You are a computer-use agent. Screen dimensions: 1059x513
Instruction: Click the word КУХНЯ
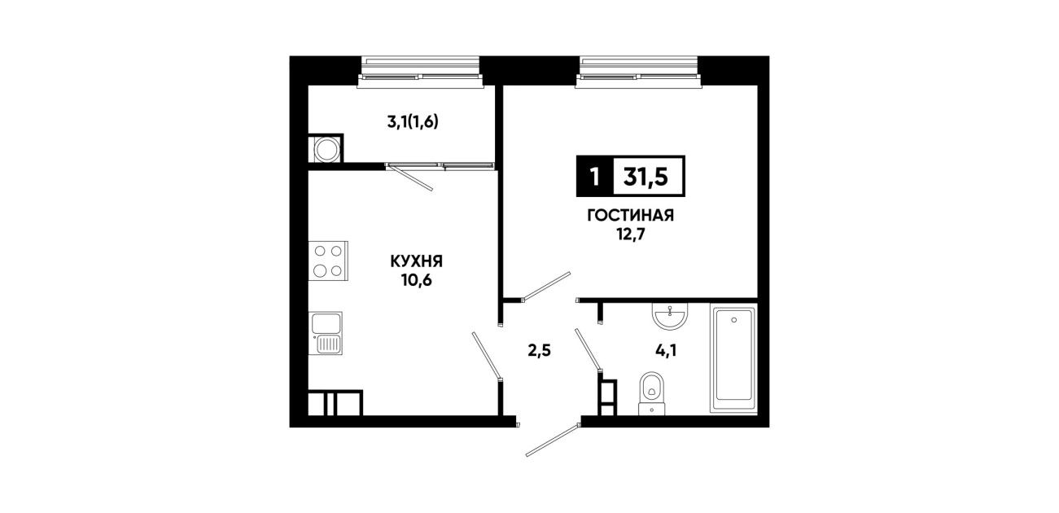click(416, 261)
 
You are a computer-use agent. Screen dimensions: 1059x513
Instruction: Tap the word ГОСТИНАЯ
click(630, 216)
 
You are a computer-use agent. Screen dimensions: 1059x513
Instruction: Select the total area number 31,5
click(645, 177)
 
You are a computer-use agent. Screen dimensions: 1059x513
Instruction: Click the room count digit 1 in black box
click(595, 177)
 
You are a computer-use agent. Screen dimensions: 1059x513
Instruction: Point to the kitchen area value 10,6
click(417, 280)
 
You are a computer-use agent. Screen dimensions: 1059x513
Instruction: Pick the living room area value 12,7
click(630, 235)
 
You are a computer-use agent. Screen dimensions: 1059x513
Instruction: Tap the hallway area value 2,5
click(540, 351)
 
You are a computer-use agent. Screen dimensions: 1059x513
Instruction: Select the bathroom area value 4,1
click(666, 351)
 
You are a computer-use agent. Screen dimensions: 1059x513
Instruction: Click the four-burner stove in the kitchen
click(328, 261)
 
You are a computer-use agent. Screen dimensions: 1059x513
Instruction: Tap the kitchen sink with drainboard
click(326, 333)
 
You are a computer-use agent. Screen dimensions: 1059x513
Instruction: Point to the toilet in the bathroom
click(652, 393)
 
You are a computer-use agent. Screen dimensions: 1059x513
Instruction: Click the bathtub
click(733, 358)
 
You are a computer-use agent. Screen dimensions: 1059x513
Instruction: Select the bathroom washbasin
click(670, 315)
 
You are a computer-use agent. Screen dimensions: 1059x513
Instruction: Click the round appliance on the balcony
click(326, 149)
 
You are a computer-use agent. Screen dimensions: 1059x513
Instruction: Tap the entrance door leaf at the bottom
click(553, 441)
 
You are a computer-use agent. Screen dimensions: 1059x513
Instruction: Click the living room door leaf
click(546, 286)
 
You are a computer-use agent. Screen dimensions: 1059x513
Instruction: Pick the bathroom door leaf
click(589, 350)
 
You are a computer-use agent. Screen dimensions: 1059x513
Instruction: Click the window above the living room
click(639, 72)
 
